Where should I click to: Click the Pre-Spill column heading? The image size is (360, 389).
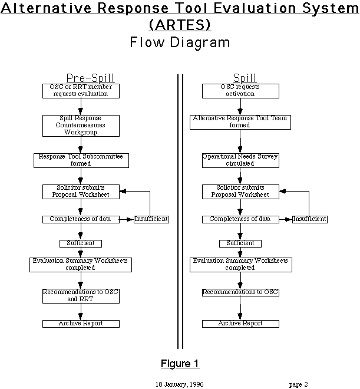click(90, 78)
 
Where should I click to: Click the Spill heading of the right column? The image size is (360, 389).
click(245, 78)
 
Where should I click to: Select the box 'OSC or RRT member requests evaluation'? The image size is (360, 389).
click(81, 90)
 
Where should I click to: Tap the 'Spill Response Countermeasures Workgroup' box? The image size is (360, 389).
click(81, 125)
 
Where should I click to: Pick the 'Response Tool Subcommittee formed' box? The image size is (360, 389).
click(81, 160)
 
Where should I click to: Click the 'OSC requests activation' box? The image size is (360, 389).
click(240, 90)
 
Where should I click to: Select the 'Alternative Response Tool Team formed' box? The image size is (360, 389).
click(240, 121)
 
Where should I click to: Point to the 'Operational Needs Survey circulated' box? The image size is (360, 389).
click(240, 160)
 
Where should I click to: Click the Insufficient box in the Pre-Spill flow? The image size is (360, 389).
click(151, 219)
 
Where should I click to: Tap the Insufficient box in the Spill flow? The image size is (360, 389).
click(310, 219)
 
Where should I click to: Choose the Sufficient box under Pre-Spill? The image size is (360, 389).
click(81, 243)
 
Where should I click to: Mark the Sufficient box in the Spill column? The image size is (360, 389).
click(240, 243)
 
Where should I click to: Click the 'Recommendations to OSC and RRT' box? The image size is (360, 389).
click(81, 295)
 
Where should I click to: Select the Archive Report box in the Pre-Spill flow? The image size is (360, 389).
click(81, 324)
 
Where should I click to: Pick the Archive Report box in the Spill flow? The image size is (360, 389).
click(240, 324)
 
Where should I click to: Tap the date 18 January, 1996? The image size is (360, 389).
click(180, 384)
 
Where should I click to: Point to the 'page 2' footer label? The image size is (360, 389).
click(298, 384)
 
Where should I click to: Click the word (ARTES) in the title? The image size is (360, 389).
click(180, 25)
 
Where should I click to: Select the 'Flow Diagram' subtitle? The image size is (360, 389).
click(180, 42)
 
